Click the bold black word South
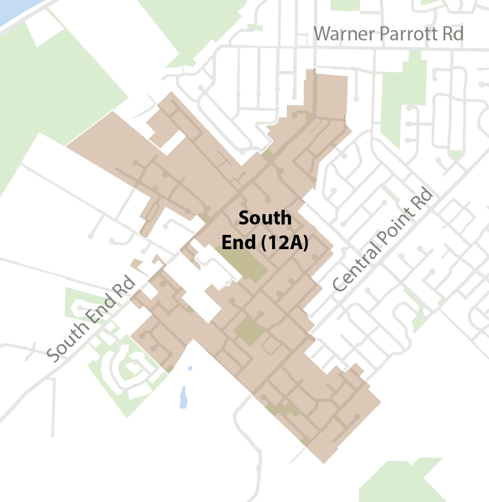[x=265, y=218]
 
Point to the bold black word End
[x=238, y=243]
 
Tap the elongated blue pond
[x=184, y=398]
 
